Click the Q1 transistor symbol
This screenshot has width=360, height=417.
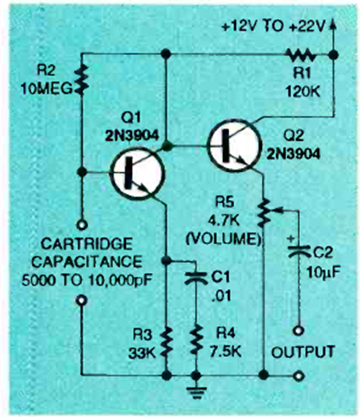(x=137, y=173)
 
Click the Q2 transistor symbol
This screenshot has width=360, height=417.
(x=233, y=146)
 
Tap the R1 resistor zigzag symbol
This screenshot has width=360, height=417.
(x=301, y=55)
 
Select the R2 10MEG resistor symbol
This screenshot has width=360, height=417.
(x=82, y=80)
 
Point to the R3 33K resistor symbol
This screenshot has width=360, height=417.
(x=167, y=343)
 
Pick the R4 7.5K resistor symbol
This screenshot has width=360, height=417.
(x=195, y=340)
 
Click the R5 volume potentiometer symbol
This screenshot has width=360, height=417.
(x=266, y=212)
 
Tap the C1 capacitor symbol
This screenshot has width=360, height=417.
(x=196, y=279)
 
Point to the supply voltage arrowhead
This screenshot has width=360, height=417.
(x=332, y=23)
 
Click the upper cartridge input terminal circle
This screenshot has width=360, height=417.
(x=82, y=225)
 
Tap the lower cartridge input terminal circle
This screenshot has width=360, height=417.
(x=81, y=301)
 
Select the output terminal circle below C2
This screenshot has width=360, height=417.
(x=298, y=331)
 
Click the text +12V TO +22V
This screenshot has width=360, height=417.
(x=274, y=26)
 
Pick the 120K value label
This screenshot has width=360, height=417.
(x=302, y=92)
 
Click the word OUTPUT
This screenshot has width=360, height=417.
(x=303, y=352)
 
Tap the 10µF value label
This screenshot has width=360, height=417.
(x=324, y=272)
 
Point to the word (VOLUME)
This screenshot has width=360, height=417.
(x=223, y=239)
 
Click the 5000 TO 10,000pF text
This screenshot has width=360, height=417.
(x=87, y=280)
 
